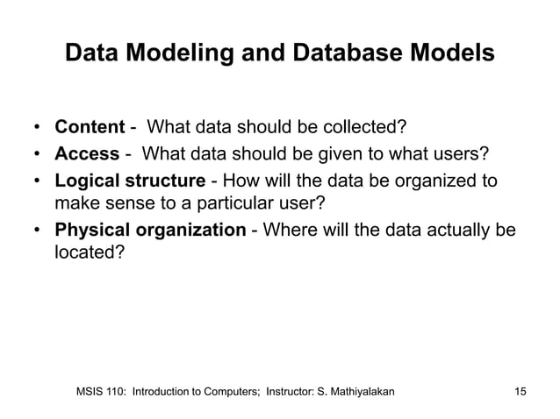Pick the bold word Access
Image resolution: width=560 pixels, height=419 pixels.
point(87,155)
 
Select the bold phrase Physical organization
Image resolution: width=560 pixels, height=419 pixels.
point(150,231)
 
